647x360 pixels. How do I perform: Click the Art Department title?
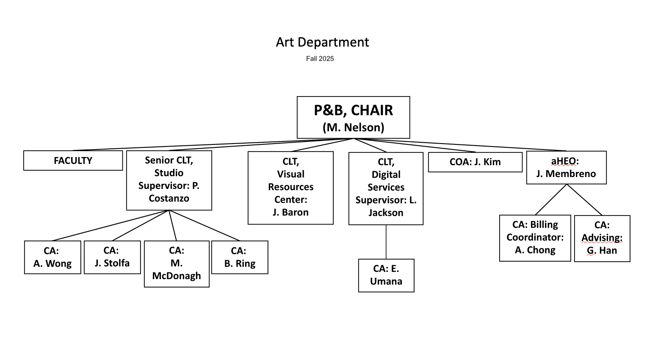[x=322, y=42]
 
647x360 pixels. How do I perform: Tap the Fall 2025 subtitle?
[x=320, y=59]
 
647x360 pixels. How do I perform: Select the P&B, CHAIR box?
[x=353, y=117]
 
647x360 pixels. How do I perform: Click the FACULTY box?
[x=73, y=161]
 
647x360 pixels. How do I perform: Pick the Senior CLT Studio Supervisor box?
[x=169, y=180]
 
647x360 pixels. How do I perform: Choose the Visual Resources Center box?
[x=290, y=188]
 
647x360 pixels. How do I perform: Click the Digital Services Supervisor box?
[x=386, y=188]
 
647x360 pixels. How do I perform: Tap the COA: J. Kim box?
[x=475, y=162]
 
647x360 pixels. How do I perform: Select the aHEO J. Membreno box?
[x=566, y=167]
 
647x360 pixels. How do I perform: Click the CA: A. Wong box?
[x=53, y=258]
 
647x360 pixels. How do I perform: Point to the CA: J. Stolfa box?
[x=112, y=257]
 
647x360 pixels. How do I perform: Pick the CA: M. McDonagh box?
[x=177, y=264]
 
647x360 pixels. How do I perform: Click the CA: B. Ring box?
[x=240, y=258]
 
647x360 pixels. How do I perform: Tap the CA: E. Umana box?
[x=386, y=275]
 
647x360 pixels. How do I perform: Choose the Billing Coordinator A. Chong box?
[x=535, y=238]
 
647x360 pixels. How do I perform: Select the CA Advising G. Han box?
[x=602, y=238]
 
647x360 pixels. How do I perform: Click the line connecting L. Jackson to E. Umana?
[x=386, y=242]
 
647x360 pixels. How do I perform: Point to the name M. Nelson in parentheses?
[x=353, y=127]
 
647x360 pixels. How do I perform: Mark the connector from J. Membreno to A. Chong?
[x=551, y=200]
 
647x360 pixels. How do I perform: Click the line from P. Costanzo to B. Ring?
[x=205, y=225]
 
